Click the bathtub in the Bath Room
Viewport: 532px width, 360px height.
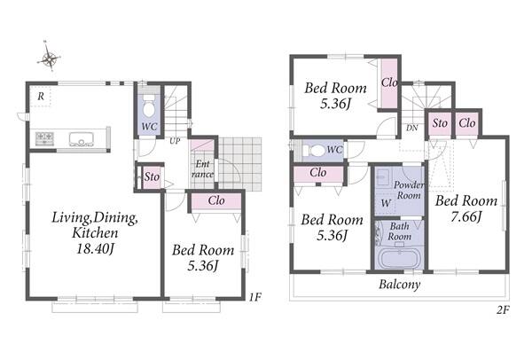[x=399, y=259]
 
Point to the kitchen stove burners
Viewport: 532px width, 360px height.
[x=45, y=138]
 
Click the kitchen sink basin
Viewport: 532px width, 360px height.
[x=81, y=139]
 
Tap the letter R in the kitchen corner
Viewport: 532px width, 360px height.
[x=41, y=97]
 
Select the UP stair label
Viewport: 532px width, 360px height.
[x=175, y=141]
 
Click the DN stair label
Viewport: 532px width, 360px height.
[x=412, y=129]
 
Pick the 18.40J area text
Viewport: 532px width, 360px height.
[x=95, y=249]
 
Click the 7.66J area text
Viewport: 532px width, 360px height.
[x=466, y=216]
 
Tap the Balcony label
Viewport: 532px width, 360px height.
[x=399, y=285]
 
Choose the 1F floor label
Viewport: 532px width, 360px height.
[x=255, y=297]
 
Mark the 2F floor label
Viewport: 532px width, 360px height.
[x=504, y=309]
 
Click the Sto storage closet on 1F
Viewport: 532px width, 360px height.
[x=152, y=176]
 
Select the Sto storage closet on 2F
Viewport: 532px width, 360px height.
[x=440, y=123]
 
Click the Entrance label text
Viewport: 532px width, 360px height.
[x=202, y=169]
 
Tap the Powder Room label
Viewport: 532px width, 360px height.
[x=409, y=190]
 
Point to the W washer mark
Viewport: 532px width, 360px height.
[x=386, y=203]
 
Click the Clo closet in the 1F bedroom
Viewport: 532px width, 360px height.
[x=216, y=201]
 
